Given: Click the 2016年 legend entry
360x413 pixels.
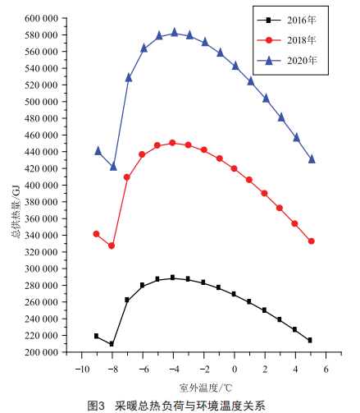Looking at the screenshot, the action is tap(286, 21).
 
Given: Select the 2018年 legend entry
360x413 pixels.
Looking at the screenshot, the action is tap(286, 40).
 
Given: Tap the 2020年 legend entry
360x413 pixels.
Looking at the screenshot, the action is tap(287, 61).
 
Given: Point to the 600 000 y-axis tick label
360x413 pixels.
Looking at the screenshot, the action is tap(41, 18).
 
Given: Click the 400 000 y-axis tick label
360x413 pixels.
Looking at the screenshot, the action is tap(41, 186).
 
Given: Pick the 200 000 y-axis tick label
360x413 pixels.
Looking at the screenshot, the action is tap(41, 352).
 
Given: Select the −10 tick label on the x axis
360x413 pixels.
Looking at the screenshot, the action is tap(82, 369).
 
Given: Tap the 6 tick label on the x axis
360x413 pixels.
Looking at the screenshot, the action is tap(326, 369).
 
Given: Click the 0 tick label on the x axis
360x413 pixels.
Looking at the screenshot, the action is tap(235, 369).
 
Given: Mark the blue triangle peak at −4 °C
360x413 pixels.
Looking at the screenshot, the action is tap(175, 32).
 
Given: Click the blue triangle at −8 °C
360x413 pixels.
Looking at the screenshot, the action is tap(113, 166).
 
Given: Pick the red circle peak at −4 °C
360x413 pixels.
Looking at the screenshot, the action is tap(172, 143).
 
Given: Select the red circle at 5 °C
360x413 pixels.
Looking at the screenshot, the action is tap(311, 241).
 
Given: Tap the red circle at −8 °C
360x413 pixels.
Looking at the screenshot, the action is tap(112, 246).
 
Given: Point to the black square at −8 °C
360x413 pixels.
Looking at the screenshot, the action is tap(112, 344).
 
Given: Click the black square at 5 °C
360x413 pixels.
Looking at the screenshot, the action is tap(310, 340).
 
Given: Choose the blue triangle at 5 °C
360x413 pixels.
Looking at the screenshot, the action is tap(312, 159).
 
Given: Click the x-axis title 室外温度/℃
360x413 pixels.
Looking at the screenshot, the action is tap(206, 388).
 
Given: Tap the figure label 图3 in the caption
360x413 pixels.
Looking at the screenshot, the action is tap(96, 406).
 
